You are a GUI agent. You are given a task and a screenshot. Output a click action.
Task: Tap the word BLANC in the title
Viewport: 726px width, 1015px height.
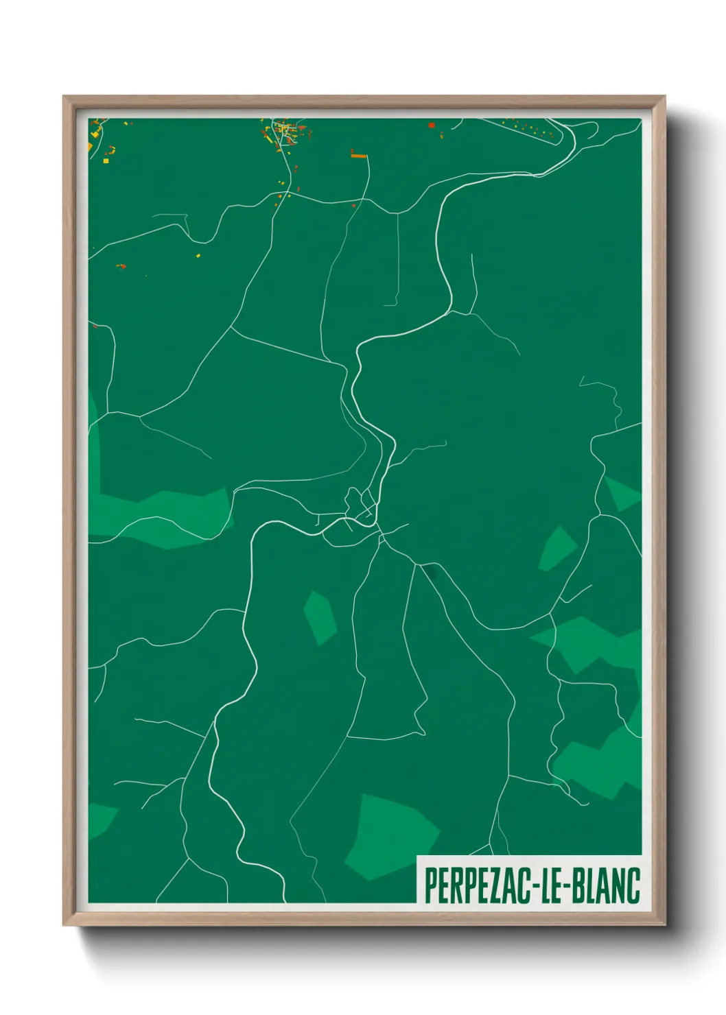(607, 885)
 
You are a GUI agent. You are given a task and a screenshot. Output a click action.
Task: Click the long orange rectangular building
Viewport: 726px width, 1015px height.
(359, 156)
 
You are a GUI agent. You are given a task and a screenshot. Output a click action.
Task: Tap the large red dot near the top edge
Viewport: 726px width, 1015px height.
(432, 126)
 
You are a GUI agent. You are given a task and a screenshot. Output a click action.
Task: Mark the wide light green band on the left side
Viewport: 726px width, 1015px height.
(165, 518)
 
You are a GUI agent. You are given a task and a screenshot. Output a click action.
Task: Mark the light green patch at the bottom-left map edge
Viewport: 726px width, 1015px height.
(99, 820)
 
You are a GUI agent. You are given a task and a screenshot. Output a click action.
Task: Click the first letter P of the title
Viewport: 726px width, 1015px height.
(431, 885)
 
